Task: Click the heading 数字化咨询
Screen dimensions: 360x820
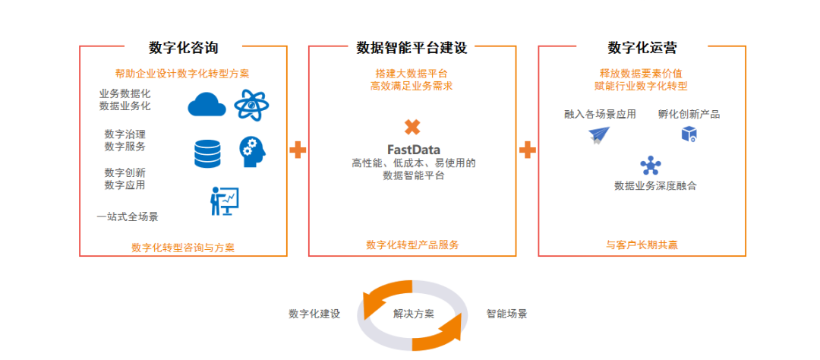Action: (183, 48)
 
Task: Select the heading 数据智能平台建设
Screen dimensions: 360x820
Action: (412, 48)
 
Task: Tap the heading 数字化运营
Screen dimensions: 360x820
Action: (642, 48)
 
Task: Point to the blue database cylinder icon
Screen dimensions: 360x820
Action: (207, 152)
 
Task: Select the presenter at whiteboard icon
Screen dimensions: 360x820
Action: (224, 201)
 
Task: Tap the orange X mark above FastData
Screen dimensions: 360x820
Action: (412, 127)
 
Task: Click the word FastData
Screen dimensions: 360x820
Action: (413, 150)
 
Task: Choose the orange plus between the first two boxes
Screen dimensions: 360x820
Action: (298, 150)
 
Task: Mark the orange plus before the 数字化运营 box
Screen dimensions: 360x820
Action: (528, 150)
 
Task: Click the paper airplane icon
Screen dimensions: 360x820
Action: (599, 135)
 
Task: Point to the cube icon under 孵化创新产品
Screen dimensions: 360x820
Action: (689, 134)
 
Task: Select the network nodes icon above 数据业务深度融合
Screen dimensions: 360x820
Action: (651, 165)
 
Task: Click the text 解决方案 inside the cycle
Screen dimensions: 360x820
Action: (413, 314)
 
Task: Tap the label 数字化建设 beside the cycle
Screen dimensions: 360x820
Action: (314, 314)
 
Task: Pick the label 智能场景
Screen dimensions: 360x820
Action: (506, 314)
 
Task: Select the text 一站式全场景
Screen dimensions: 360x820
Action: (128, 216)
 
